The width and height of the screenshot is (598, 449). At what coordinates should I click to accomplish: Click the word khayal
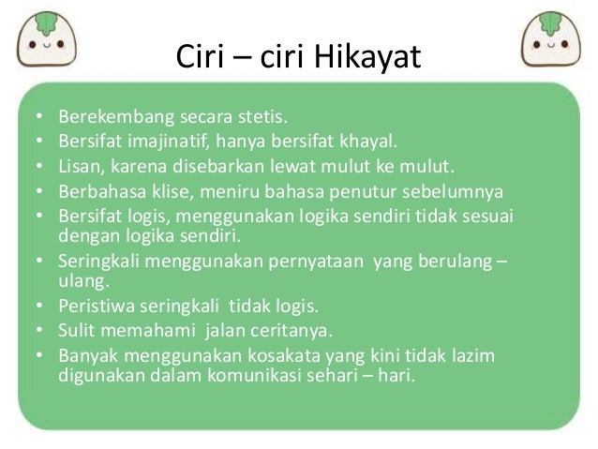tap(368, 143)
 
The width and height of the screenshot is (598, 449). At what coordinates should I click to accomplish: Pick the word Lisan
tap(80, 168)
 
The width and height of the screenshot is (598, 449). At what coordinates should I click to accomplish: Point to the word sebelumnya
tap(458, 192)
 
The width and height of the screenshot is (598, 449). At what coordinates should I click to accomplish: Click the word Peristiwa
tap(97, 307)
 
